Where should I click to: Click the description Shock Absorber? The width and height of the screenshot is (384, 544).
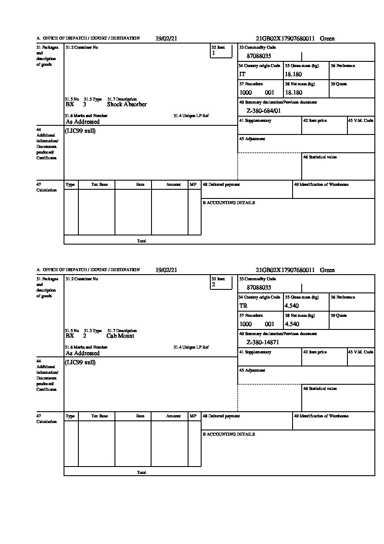[127, 104]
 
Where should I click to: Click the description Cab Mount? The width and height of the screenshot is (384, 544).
[120, 336]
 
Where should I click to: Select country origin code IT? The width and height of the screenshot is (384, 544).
[243, 74]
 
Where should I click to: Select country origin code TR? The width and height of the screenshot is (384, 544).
[243, 306]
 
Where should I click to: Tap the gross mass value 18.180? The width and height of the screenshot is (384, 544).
[293, 74]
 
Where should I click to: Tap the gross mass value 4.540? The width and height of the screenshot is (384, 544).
[292, 306]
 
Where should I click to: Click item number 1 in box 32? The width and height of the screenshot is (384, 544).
[213, 53]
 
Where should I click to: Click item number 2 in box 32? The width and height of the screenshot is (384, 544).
[213, 285]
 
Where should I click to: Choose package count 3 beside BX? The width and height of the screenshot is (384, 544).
[84, 104]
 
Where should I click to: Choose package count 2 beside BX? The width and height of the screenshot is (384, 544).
[84, 336]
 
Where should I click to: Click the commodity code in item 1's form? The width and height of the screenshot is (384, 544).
[259, 56]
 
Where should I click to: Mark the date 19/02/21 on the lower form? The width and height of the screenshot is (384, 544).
[166, 270]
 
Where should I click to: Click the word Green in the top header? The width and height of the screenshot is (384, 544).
[327, 39]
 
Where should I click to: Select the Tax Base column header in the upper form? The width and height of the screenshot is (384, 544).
[99, 185]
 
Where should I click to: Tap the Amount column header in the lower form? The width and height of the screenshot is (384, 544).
[173, 416]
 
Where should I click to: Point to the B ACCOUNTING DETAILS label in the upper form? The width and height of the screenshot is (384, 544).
[229, 203]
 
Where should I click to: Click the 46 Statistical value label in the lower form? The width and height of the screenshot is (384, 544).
[320, 389]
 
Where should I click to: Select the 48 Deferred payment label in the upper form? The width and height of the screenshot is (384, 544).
[221, 185]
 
